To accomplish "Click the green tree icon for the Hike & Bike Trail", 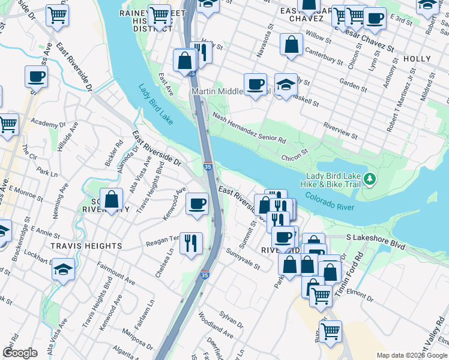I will pos(370,179).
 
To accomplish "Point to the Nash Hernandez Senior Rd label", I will pos(249,129).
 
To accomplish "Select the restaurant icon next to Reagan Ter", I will pos(191,244).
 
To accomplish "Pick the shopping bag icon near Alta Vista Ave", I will pos(112,200).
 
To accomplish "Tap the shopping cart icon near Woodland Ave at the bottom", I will pos(330,332).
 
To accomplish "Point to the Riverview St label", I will pos(340,131).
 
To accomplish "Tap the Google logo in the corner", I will pos(20,352).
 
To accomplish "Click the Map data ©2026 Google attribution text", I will pos(411,355).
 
